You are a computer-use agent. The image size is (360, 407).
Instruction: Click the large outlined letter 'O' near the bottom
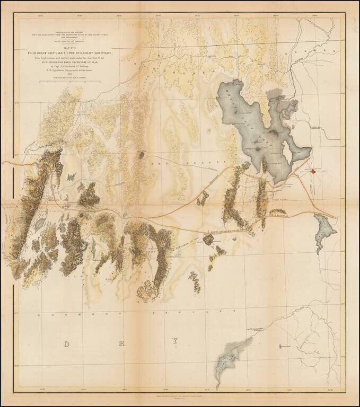(66, 344)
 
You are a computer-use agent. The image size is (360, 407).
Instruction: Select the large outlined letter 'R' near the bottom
(121, 344)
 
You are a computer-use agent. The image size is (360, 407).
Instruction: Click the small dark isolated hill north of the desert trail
(141, 155)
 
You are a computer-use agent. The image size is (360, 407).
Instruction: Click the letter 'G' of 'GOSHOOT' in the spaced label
(39, 315)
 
